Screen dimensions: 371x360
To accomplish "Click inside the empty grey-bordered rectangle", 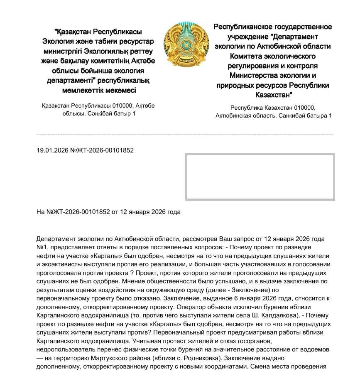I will click(260, 177).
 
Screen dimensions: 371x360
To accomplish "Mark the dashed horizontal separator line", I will click(185, 135).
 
